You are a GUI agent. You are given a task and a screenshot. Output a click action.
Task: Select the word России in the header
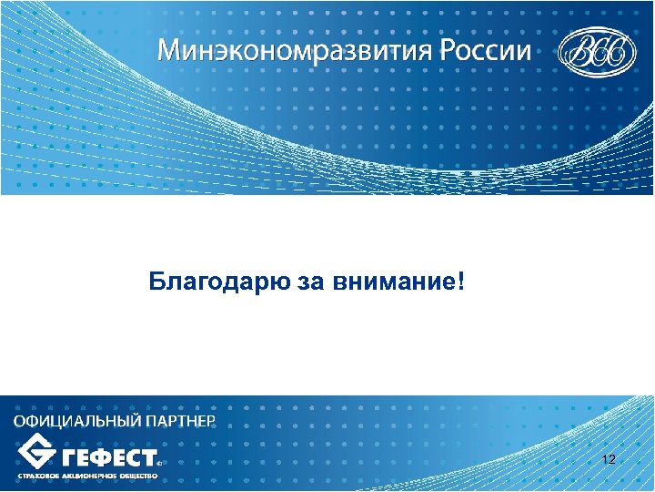tap(486, 50)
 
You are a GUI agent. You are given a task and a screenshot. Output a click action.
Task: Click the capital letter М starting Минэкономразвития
tap(170, 50)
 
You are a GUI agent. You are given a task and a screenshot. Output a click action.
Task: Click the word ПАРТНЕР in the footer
tap(179, 421)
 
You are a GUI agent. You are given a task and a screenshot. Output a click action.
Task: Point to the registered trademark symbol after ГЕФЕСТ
tap(161, 463)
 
